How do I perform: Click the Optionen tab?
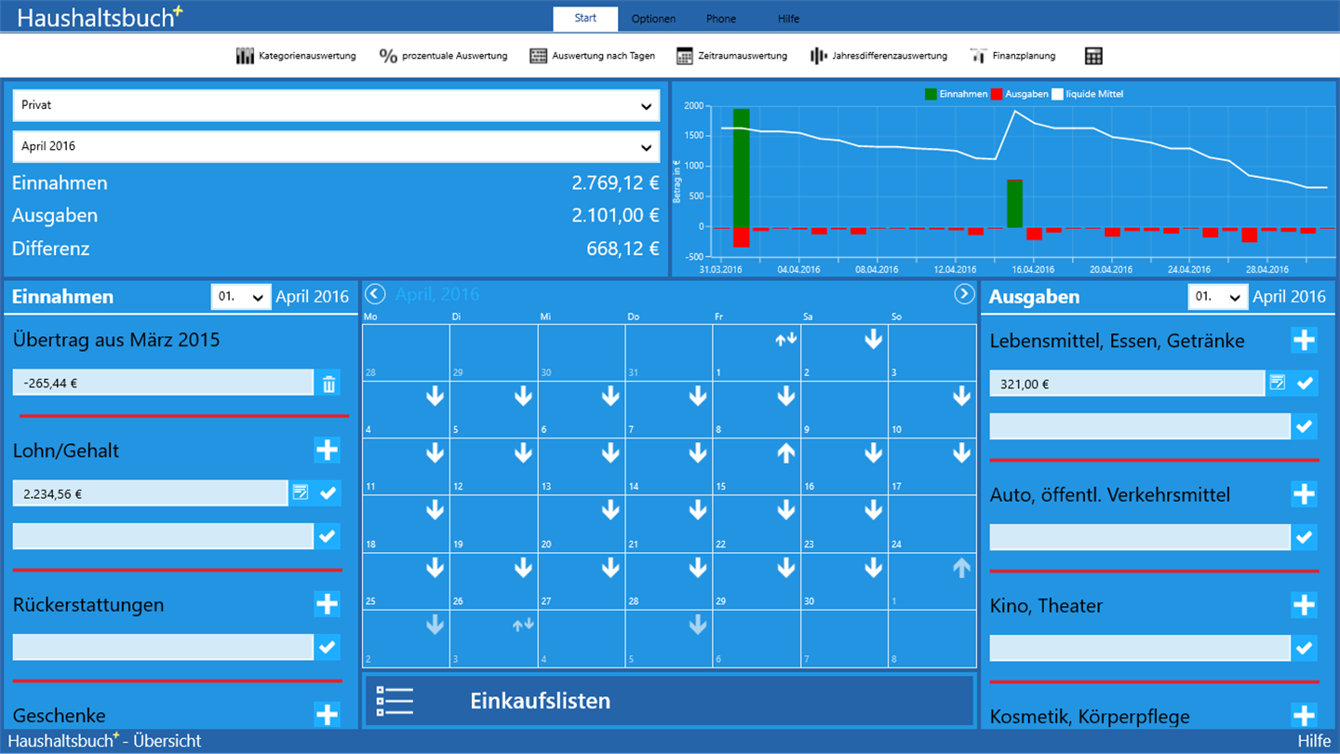[653, 19]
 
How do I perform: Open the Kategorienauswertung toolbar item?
[296, 56]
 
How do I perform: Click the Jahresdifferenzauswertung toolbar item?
[878, 56]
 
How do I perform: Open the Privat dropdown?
[336, 106]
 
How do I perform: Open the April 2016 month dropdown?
[336, 147]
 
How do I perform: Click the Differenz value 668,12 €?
[623, 249]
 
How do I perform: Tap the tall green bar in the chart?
[741, 168]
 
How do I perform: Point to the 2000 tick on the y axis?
[694, 106]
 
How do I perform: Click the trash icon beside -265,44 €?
[329, 384]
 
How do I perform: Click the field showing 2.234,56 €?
[150, 493]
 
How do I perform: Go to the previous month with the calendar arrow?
[374, 295]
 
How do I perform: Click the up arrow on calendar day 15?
[785, 453]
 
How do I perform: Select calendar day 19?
[493, 524]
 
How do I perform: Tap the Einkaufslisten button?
[668, 701]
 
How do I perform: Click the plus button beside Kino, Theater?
[1304, 605]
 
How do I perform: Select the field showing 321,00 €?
[1126, 384]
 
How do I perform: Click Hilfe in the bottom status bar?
[1314, 742]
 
